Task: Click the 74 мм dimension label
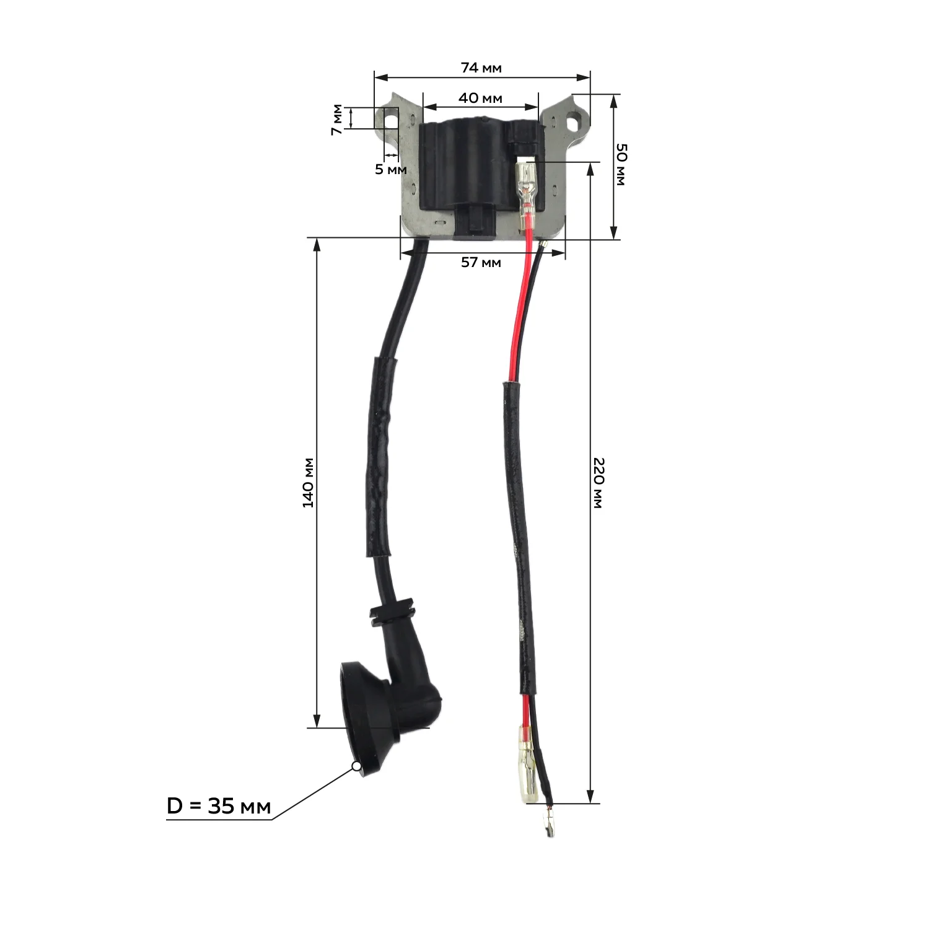coord(481,68)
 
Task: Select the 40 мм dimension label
coord(480,98)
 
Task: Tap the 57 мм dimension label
coord(481,262)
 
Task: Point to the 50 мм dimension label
coord(621,164)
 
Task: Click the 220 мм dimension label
coord(598,483)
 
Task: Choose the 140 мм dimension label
coord(308,483)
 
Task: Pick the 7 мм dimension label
coord(336,120)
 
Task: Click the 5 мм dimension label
coord(391,169)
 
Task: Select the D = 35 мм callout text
coord(219,806)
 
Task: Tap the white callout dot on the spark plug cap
coord(356,766)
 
